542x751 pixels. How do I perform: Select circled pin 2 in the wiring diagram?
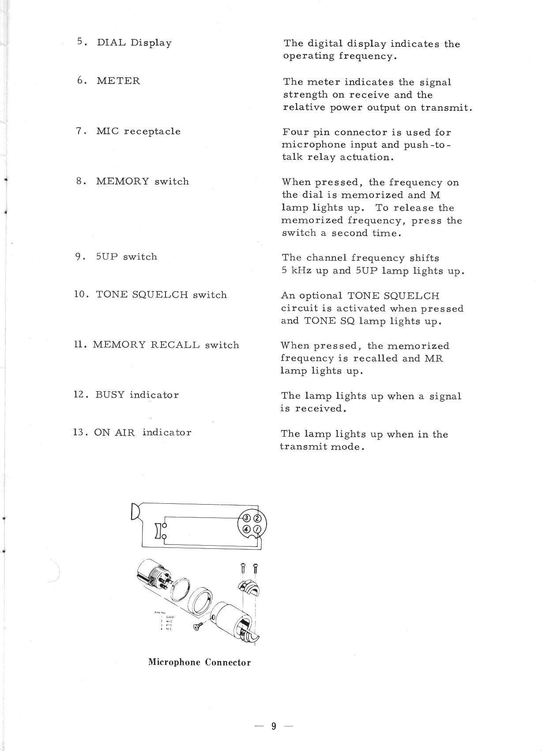click(x=258, y=518)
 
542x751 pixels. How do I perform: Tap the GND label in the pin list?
click(x=170, y=617)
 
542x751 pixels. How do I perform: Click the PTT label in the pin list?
click(x=169, y=625)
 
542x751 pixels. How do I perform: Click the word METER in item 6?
click(x=118, y=81)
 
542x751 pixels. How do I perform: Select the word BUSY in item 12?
click(x=110, y=395)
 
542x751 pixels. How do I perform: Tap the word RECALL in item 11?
click(x=175, y=345)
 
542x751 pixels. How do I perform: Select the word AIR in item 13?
click(x=125, y=432)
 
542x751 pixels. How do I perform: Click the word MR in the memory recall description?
click(x=434, y=358)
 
